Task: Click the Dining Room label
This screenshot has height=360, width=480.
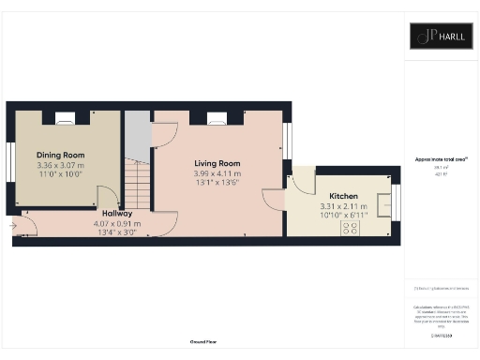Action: (x=61, y=154)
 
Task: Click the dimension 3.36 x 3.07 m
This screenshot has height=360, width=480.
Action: (x=60, y=164)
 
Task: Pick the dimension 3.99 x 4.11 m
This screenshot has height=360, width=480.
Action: (x=217, y=172)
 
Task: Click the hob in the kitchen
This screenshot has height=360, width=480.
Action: (x=352, y=227)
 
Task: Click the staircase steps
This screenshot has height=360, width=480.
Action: (x=138, y=183)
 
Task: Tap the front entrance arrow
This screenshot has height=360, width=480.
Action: (x=13, y=225)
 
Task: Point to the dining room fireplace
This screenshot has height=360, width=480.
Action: (x=65, y=118)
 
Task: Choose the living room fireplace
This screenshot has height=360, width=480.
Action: (x=217, y=118)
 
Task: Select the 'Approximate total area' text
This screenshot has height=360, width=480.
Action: (x=441, y=159)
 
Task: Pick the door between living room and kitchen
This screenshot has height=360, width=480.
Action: (x=274, y=200)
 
